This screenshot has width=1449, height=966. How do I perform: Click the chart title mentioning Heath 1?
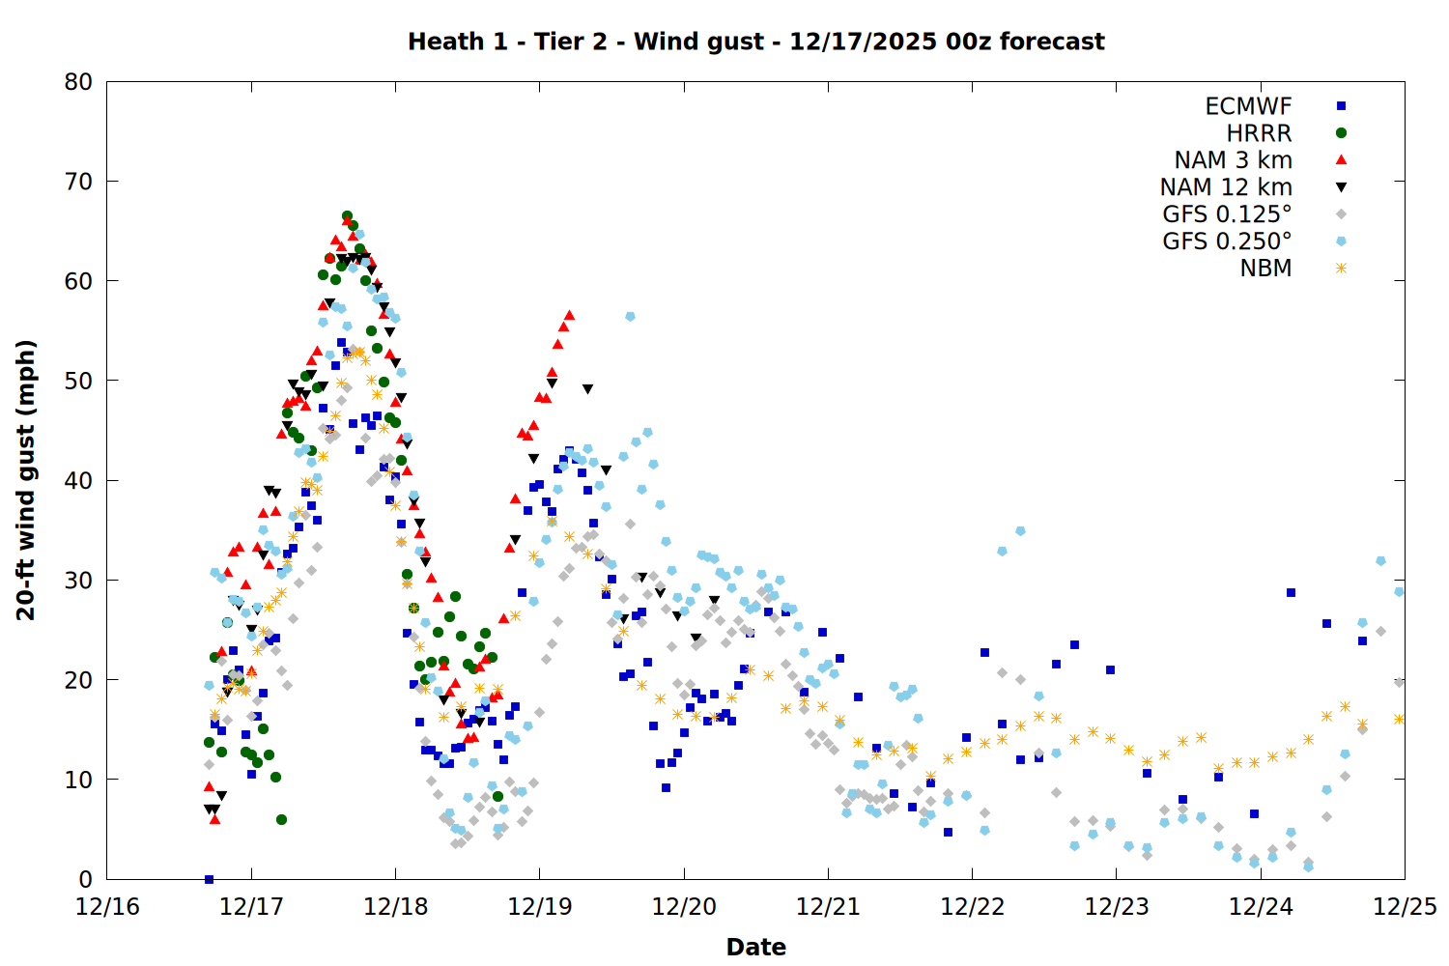pos(755,42)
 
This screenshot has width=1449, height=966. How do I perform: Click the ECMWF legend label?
pos(1248,106)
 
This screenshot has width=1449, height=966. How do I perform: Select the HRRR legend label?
pos(1259,133)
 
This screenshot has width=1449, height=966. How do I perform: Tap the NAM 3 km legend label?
pos(1233,160)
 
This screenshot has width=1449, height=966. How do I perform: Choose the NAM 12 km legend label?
pos(1226,187)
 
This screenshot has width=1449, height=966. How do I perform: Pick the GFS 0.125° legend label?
pos(1227,214)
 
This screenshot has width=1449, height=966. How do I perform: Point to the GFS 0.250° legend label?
pos(1227,241)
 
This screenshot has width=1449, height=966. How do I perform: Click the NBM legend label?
pos(1265,269)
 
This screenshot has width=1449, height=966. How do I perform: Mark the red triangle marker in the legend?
pos(1341,159)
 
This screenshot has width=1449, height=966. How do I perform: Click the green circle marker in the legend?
pos(1341,133)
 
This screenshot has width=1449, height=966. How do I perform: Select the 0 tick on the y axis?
pos(86,879)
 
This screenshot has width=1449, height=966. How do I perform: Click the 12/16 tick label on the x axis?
pos(107,907)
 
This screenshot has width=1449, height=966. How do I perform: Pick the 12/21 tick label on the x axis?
pos(828,907)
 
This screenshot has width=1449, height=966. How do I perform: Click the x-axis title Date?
pos(755,947)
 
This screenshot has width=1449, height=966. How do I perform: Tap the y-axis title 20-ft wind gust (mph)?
pos(26,480)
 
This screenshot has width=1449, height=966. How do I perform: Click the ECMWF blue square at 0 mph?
pos(209,879)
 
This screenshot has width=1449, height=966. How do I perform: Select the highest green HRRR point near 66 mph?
pos(347,216)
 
